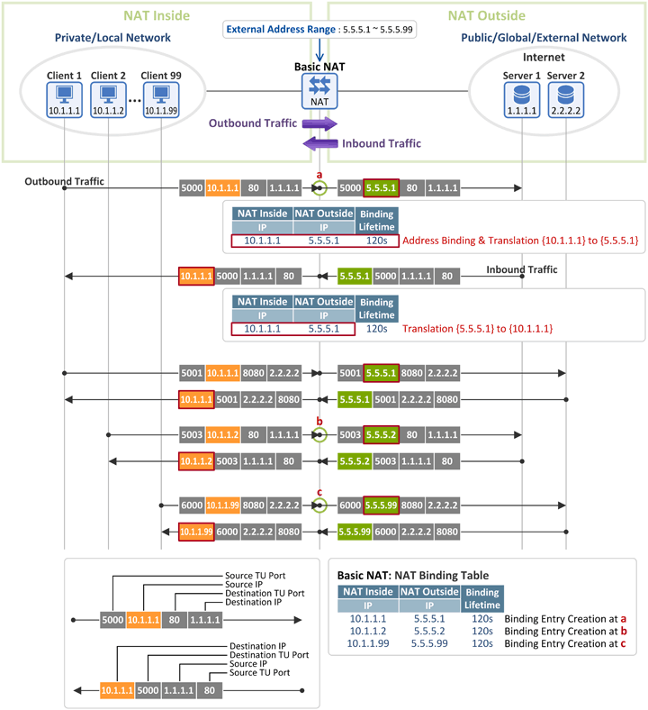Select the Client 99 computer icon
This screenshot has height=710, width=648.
click(x=162, y=94)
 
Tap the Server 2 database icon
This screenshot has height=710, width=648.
click(x=565, y=94)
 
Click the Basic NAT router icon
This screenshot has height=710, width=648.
click(x=319, y=86)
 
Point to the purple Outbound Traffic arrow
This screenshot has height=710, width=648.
click(x=319, y=123)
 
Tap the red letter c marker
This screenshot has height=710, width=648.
click(x=319, y=492)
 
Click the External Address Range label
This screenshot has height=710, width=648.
click(x=280, y=29)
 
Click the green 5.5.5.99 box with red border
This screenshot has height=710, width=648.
click(x=381, y=505)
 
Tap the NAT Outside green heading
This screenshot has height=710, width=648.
click(x=487, y=14)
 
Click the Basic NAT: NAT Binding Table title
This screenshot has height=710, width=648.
click(x=412, y=574)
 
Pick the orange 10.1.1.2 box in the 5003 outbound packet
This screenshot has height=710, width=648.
click(x=222, y=434)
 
